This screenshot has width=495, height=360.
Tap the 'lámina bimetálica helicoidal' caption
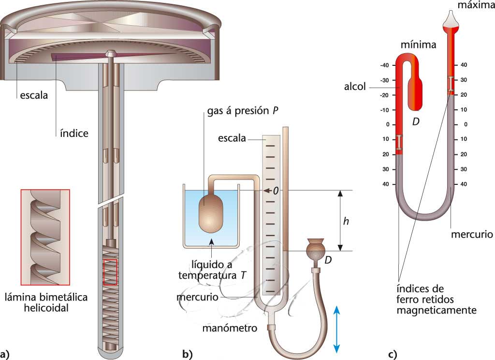45,302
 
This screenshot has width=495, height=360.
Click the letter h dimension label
345,221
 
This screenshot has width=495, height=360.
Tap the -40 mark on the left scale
385,65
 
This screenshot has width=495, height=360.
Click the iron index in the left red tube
399,142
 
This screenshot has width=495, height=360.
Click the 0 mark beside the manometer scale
276,191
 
